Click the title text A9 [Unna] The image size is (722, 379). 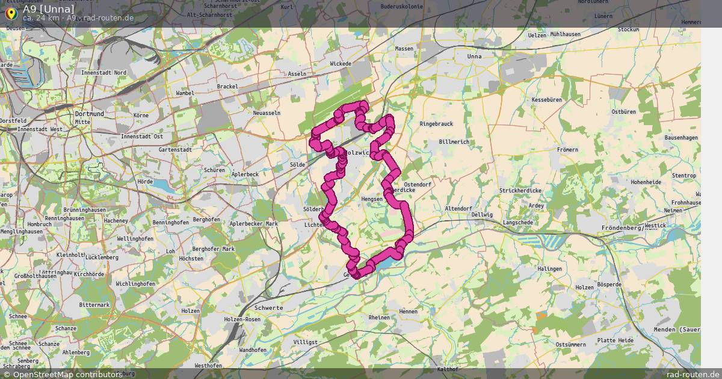pyautogui.click(x=49, y=9)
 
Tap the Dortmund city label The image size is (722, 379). pyautogui.click(x=89, y=114)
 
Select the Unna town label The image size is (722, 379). pyautogui.click(x=475, y=57)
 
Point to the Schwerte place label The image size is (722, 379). pyautogui.click(x=269, y=307)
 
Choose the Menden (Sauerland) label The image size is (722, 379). pyautogui.click(x=686, y=330)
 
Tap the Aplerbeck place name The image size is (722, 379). pyautogui.click(x=244, y=174)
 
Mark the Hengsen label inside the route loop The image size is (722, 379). pyautogui.click(x=372, y=199)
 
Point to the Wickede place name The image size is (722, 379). pyautogui.click(x=341, y=63)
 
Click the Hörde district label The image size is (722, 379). pyautogui.click(x=145, y=180)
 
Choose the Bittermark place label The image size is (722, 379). pyautogui.click(x=94, y=305)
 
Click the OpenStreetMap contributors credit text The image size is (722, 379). pyautogui.click(x=66, y=374)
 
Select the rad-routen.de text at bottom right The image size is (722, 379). pyautogui.click(x=693, y=374)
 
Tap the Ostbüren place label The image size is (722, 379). pyautogui.click(x=623, y=112)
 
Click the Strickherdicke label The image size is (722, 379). pyautogui.click(x=520, y=191)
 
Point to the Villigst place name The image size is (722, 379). pyautogui.click(x=305, y=342)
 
